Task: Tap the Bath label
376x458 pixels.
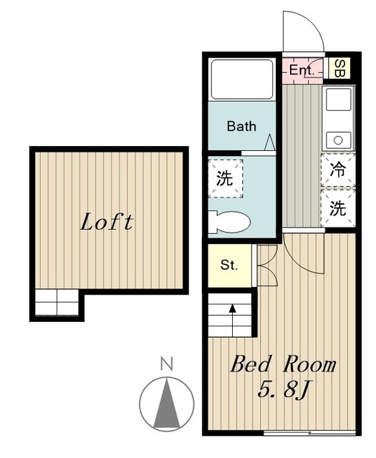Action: click(x=241, y=127)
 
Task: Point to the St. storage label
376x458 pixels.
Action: click(x=228, y=265)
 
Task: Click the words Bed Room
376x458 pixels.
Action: click(x=282, y=365)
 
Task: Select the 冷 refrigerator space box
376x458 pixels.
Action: click(x=337, y=170)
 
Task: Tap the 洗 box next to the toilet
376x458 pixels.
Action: click(x=225, y=178)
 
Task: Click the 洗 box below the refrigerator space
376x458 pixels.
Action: click(x=337, y=208)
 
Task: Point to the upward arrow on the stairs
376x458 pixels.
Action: click(x=232, y=309)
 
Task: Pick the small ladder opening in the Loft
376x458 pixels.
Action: click(x=57, y=303)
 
